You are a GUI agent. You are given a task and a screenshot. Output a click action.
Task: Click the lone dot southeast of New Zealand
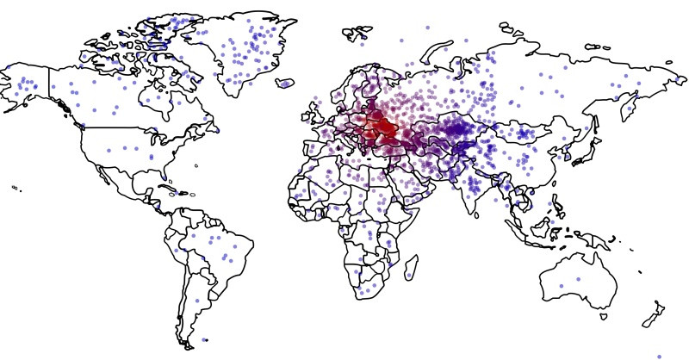[659, 356]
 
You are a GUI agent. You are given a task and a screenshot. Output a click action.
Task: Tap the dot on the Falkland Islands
[204, 339]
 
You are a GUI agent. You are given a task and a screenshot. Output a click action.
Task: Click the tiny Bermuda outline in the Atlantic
[196, 164]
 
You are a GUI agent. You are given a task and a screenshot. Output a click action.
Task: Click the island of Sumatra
[522, 227]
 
